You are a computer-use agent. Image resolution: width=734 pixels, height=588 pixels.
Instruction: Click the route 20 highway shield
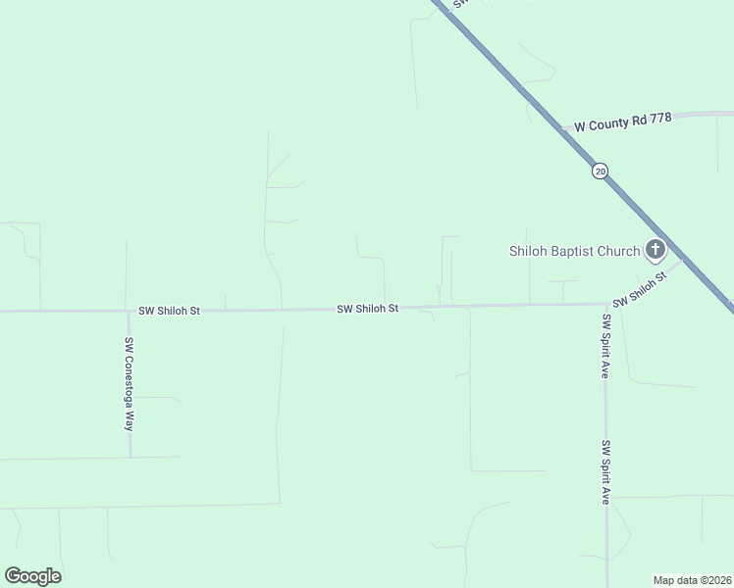coord(600,171)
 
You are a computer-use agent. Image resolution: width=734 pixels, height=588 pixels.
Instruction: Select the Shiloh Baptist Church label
coord(574,251)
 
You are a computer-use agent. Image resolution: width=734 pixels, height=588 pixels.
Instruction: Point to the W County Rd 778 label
coord(622,122)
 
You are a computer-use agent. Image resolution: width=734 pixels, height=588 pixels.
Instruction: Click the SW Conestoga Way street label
coord(128,384)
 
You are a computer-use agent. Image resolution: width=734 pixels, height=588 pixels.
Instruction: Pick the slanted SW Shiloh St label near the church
coord(640,290)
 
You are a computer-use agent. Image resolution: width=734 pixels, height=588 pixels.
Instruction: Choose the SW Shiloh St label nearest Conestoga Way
coord(169,311)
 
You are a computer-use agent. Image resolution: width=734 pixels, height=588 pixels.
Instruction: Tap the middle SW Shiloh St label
coord(367,309)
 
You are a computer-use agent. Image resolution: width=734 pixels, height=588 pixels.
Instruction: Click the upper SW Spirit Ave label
coord(605,346)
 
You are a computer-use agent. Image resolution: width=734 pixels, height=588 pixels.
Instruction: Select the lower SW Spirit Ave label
coord(606,472)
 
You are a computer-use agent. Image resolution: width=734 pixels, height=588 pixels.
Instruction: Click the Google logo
coord(32,576)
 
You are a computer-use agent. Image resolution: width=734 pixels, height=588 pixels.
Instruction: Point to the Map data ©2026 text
coord(692,580)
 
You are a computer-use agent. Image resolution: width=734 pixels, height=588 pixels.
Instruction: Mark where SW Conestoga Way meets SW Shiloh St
coord(128,312)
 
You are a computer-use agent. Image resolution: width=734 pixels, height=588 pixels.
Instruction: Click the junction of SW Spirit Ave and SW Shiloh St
coord(604,304)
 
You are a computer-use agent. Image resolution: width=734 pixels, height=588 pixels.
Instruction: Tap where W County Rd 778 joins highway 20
coord(561,130)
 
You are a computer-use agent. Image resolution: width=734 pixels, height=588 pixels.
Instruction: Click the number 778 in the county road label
coord(659,118)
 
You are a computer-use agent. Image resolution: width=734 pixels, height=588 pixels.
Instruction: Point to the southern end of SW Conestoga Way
coord(129,456)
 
